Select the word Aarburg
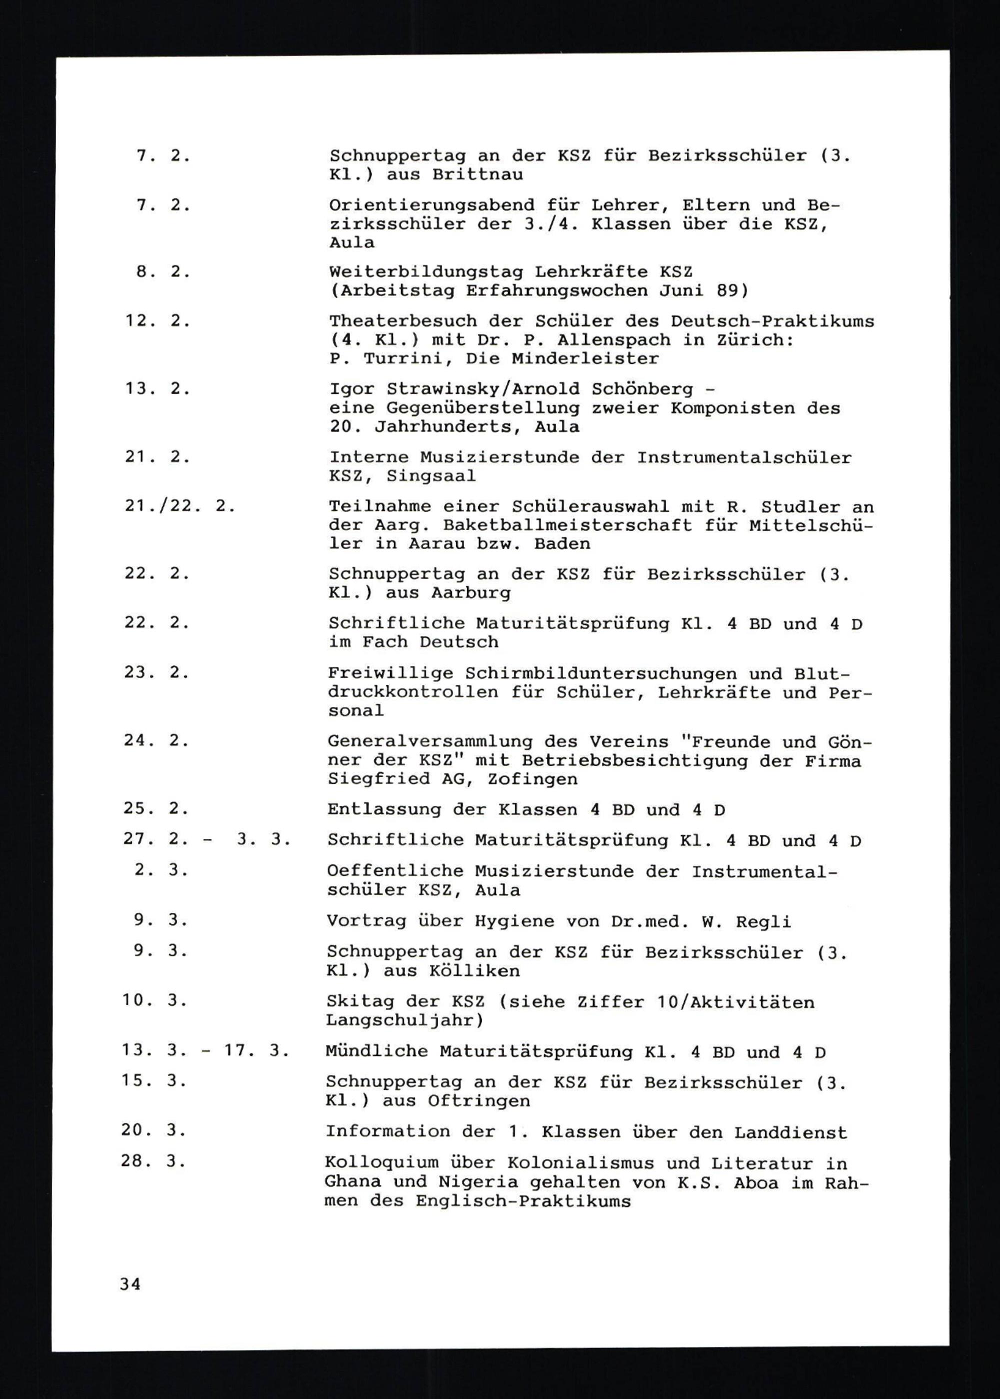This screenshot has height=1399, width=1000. click(x=470, y=593)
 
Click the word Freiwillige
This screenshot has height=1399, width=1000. click(x=390, y=673)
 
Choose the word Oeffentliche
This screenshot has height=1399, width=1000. click(x=395, y=871)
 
